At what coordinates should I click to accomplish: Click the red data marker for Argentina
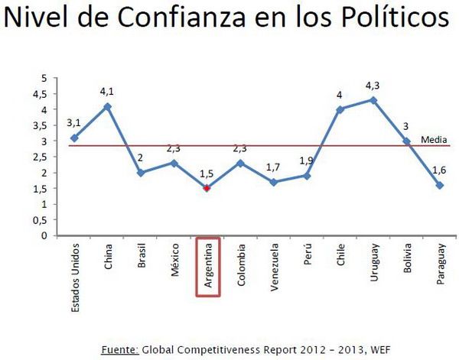point(207,188)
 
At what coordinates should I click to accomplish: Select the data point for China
point(108,106)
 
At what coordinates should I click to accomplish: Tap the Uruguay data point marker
point(373,100)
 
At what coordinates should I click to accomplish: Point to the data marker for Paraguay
point(439,185)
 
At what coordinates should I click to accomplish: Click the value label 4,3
point(373,85)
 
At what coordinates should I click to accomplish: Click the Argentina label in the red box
point(207,267)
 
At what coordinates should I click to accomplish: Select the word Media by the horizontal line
point(431,140)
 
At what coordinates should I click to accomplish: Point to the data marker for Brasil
point(141,173)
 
